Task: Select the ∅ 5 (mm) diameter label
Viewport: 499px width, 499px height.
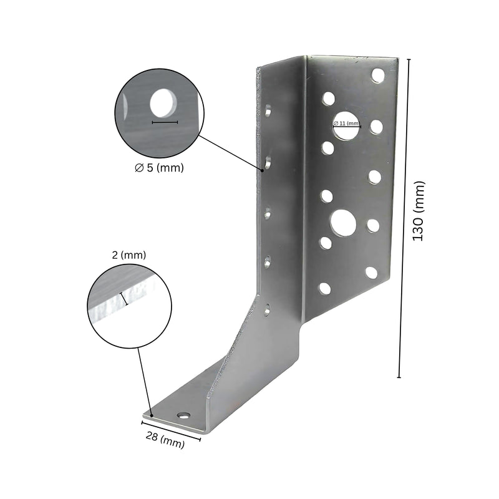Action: [160, 168]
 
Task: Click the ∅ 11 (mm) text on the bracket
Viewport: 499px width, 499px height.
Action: [347, 124]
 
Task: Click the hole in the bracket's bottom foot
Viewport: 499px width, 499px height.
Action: [183, 415]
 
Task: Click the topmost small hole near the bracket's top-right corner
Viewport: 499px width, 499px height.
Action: [377, 75]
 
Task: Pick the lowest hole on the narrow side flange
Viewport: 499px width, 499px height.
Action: [267, 308]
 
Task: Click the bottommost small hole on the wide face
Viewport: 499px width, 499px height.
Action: [324, 288]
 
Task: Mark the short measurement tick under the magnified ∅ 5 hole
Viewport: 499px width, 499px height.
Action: [165, 122]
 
